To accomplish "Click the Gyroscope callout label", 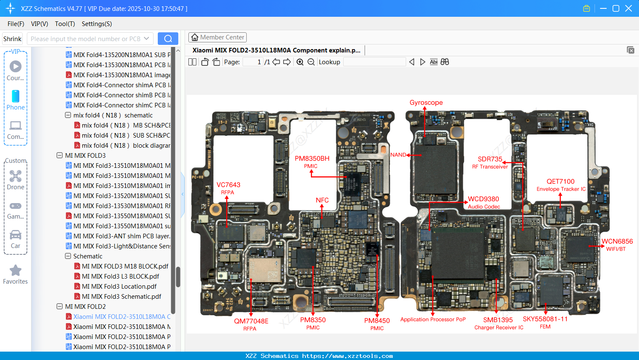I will [426, 103].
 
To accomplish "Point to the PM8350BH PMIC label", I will [312, 162].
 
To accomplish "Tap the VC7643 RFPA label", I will [228, 188].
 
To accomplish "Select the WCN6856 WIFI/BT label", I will [617, 245].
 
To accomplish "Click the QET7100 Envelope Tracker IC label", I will [561, 185].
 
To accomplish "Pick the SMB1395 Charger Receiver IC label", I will [498, 323].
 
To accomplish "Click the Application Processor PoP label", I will [433, 319].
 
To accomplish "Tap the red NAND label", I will [398, 155].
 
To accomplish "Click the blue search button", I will [168, 39].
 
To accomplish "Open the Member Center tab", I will [217, 37].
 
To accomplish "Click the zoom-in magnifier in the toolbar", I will [300, 62].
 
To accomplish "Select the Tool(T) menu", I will [65, 24].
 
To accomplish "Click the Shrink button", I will [12, 39].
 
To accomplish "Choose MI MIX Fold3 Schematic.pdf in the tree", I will [121, 297].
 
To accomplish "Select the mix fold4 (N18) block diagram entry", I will [125, 146].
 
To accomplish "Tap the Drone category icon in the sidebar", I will [16, 176].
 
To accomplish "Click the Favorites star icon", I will [16, 271].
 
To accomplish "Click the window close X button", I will [628, 8].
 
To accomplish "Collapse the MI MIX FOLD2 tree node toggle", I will [60, 307].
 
